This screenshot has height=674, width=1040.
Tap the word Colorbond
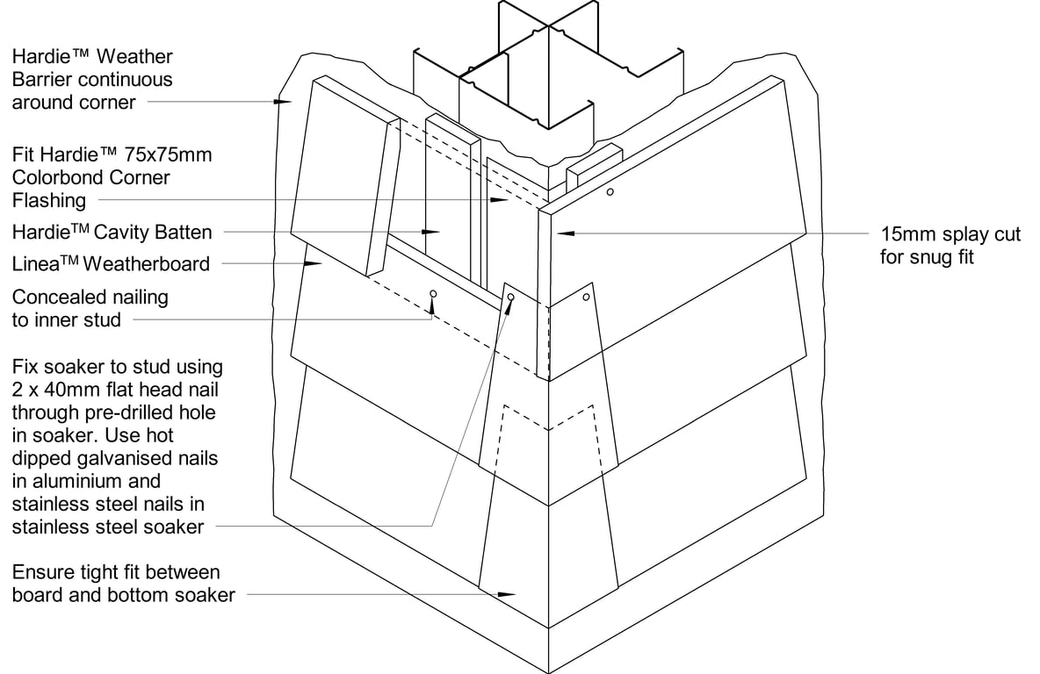(x=52, y=177)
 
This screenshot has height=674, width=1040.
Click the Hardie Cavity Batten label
(x=112, y=233)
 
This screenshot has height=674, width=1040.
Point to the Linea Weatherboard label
(x=111, y=263)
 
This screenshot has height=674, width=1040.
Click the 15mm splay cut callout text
(x=950, y=235)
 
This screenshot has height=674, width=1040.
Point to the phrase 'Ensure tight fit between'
(x=116, y=573)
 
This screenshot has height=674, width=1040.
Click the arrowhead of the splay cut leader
(x=563, y=233)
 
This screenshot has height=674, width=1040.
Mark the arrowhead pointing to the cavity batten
(x=431, y=233)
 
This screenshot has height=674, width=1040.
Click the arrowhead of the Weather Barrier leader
(x=283, y=103)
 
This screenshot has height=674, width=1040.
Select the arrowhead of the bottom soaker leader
(x=508, y=595)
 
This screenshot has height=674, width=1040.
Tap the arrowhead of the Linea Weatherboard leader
(x=312, y=262)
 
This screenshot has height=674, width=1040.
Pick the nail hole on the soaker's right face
(x=586, y=298)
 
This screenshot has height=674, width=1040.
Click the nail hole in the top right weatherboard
(x=610, y=192)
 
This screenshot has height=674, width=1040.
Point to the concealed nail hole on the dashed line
(x=432, y=293)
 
